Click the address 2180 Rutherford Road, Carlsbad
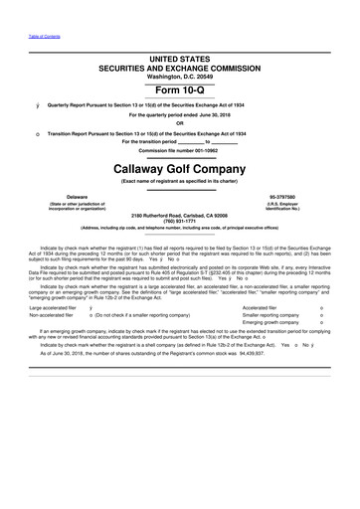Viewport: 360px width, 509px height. [180, 214]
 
